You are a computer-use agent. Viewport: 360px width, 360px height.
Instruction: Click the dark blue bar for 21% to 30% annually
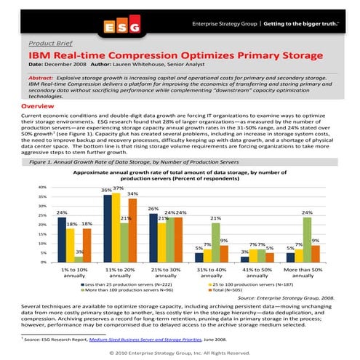click(153, 238)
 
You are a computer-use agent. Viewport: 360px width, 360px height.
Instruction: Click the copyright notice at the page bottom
click(180, 352)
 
